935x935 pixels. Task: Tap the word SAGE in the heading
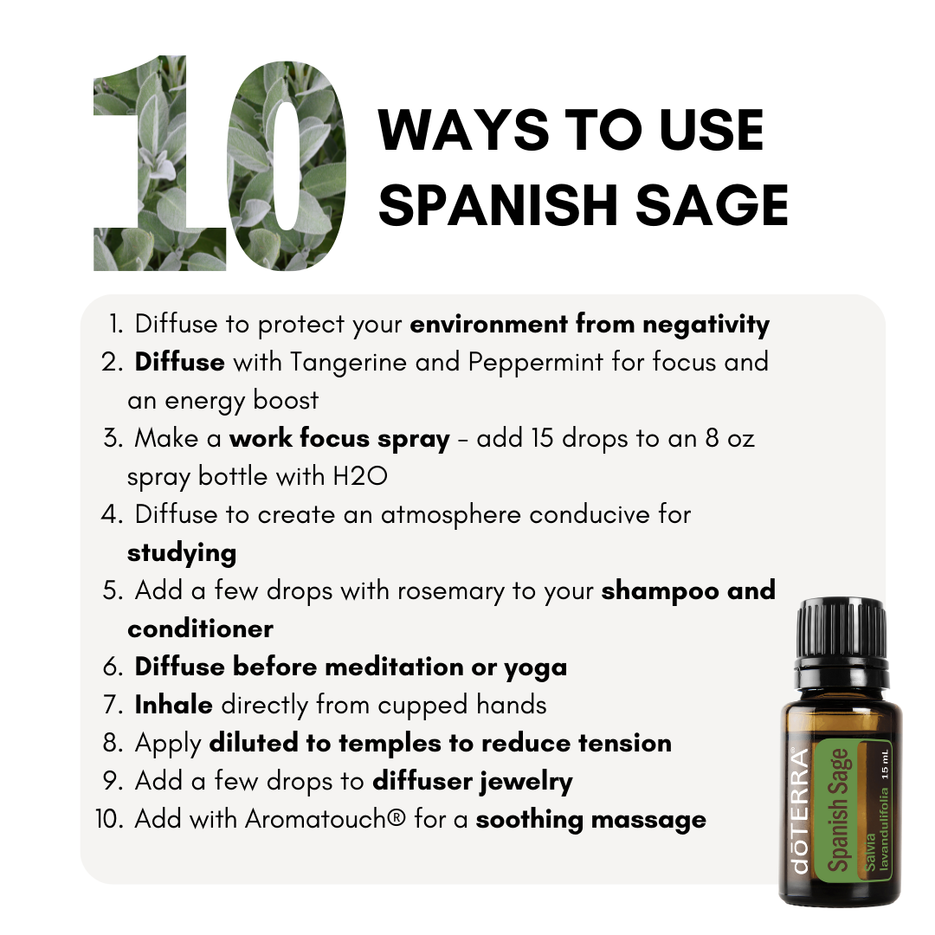[x=712, y=205]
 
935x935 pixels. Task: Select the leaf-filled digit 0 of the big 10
[x=287, y=166]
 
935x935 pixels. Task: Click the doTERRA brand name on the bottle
[x=800, y=811]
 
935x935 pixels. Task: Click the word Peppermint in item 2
[x=536, y=363]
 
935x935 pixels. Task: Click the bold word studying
[x=182, y=553]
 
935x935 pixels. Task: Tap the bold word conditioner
[x=200, y=629]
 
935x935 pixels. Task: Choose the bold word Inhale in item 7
[x=173, y=705]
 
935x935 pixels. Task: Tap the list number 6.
[x=113, y=667]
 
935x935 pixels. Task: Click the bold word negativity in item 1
[x=706, y=326]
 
